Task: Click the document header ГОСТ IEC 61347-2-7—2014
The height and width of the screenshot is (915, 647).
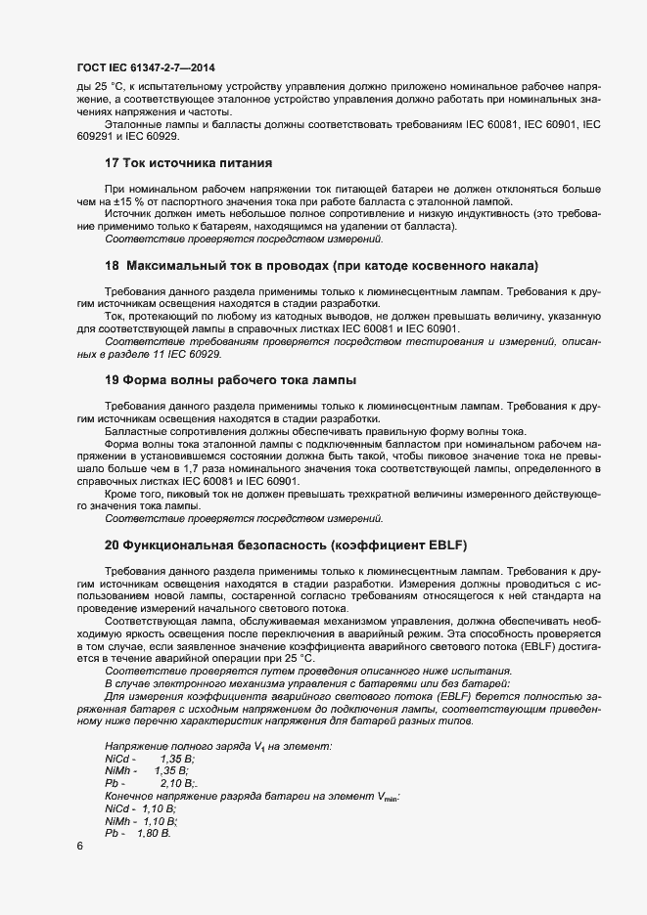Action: pos(145,67)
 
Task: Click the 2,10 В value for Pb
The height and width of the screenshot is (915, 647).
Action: pos(177,784)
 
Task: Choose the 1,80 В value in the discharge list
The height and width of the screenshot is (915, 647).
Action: pos(154,833)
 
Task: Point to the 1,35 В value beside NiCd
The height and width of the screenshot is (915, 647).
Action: pos(177,759)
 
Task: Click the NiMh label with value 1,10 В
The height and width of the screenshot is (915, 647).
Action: pos(118,821)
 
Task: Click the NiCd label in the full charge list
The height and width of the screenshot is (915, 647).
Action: pos(117,759)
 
